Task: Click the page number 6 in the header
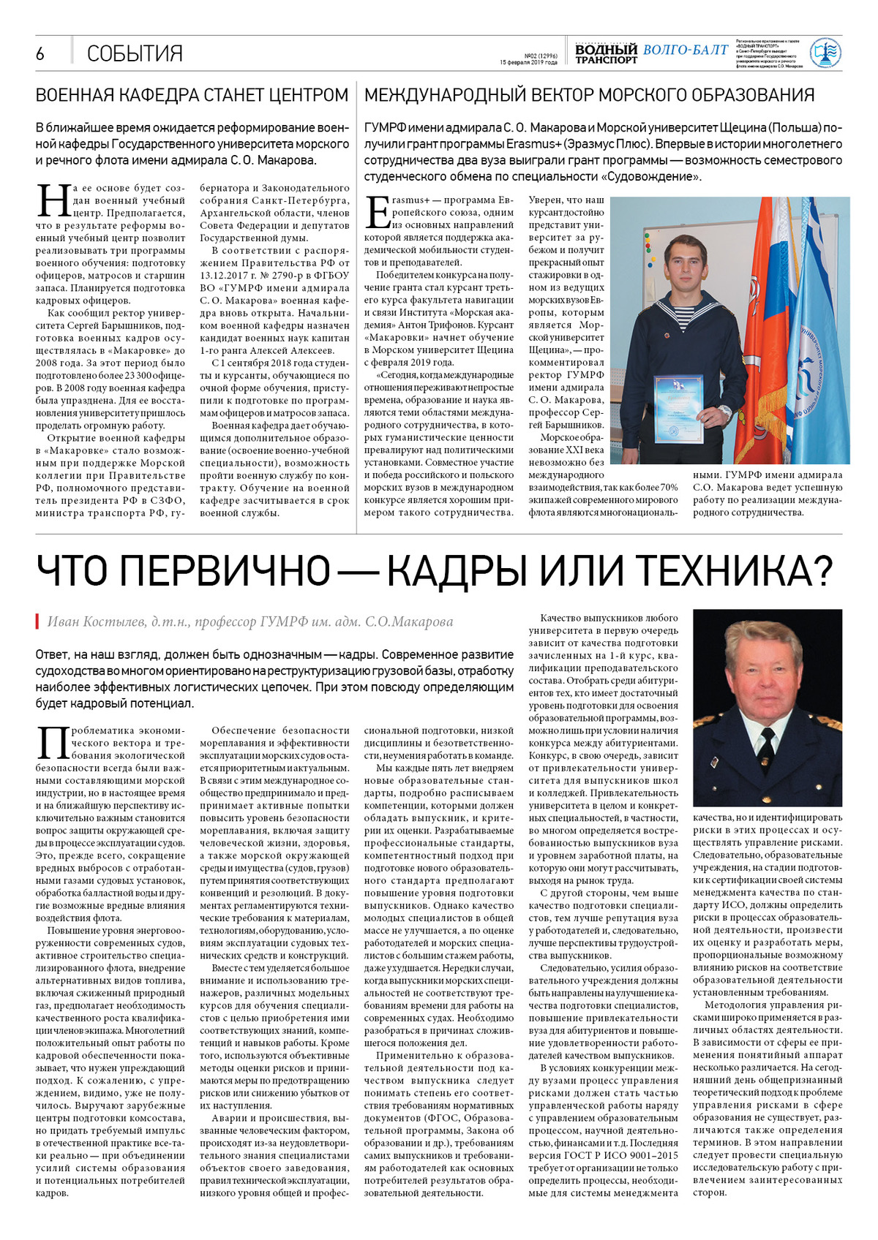[x=40, y=53]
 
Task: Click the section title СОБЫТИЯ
[x=135, y=53]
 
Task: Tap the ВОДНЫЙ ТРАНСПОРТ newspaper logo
[x=606, y=53]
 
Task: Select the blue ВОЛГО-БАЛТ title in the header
[x=686, y=50]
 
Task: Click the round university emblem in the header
[x=825, y=53]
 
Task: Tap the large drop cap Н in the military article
[x=53, y=200]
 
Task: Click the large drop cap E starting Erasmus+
[x=378, y=212]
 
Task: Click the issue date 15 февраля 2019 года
[x=528, y=62]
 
